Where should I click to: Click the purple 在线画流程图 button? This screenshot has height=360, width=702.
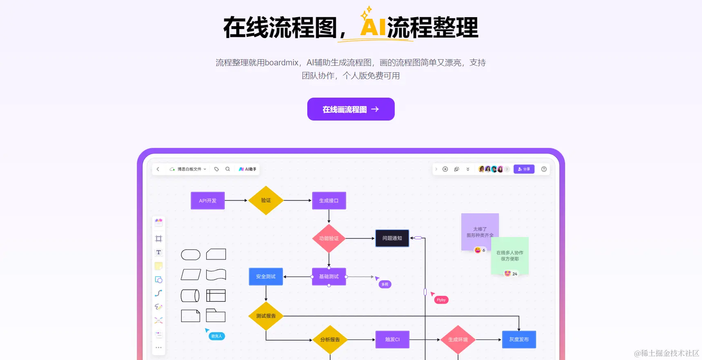point(351,109)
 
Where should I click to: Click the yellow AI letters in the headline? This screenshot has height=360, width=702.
point(373,27)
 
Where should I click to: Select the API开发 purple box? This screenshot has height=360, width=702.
point(208,201)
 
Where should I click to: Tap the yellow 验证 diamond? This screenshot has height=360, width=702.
point(266,200)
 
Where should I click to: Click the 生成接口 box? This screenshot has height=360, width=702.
point(329,201)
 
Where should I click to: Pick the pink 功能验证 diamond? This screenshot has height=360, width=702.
point(329,238)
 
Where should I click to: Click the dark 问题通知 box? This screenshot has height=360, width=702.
point(392,238)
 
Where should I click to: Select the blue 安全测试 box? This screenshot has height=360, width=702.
point(266,277)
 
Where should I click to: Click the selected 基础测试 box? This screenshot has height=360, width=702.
point(329,277)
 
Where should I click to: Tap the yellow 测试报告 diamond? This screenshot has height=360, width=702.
point(266,316)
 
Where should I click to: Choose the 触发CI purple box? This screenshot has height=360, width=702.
point(392,340)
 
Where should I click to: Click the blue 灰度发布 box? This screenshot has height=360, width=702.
point(519,340)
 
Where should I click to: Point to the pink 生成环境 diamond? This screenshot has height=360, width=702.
point(458,340)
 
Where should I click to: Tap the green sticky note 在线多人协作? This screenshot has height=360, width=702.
point(510,255)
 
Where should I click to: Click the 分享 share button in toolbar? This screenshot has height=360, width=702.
point(524,169)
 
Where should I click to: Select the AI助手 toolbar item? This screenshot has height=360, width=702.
point(248,169)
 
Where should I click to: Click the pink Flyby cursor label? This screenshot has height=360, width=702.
point(441,300)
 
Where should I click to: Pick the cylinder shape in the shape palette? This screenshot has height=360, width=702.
point(190,295)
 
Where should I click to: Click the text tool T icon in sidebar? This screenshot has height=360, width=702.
point(159,252)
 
